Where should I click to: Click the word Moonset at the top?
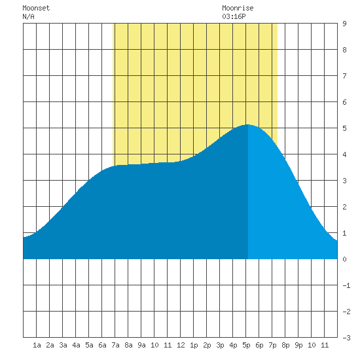(36, 8)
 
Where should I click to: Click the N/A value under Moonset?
(28, 16)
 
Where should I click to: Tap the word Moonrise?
(238, 8)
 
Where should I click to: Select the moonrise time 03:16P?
(234, 16)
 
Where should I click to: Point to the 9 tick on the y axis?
(344, 24)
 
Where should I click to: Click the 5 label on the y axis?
(344, 128)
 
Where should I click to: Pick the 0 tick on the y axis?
(344, 259)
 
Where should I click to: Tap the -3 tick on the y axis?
(347, 338)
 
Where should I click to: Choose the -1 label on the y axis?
(347, 285)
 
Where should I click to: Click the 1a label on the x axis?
(37, 345)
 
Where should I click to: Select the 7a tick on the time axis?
(115, 345)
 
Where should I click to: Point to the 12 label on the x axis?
(181, 345)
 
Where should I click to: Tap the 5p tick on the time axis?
(246, 345)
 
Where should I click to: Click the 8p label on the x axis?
(285, 345)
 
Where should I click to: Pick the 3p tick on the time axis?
(220, 345)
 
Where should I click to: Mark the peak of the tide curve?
(247, 124)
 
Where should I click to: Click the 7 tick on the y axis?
(344, 76)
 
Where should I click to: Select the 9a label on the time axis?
(141, 345)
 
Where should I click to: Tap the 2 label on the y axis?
(344, 207)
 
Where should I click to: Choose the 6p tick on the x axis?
(259, 345)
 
